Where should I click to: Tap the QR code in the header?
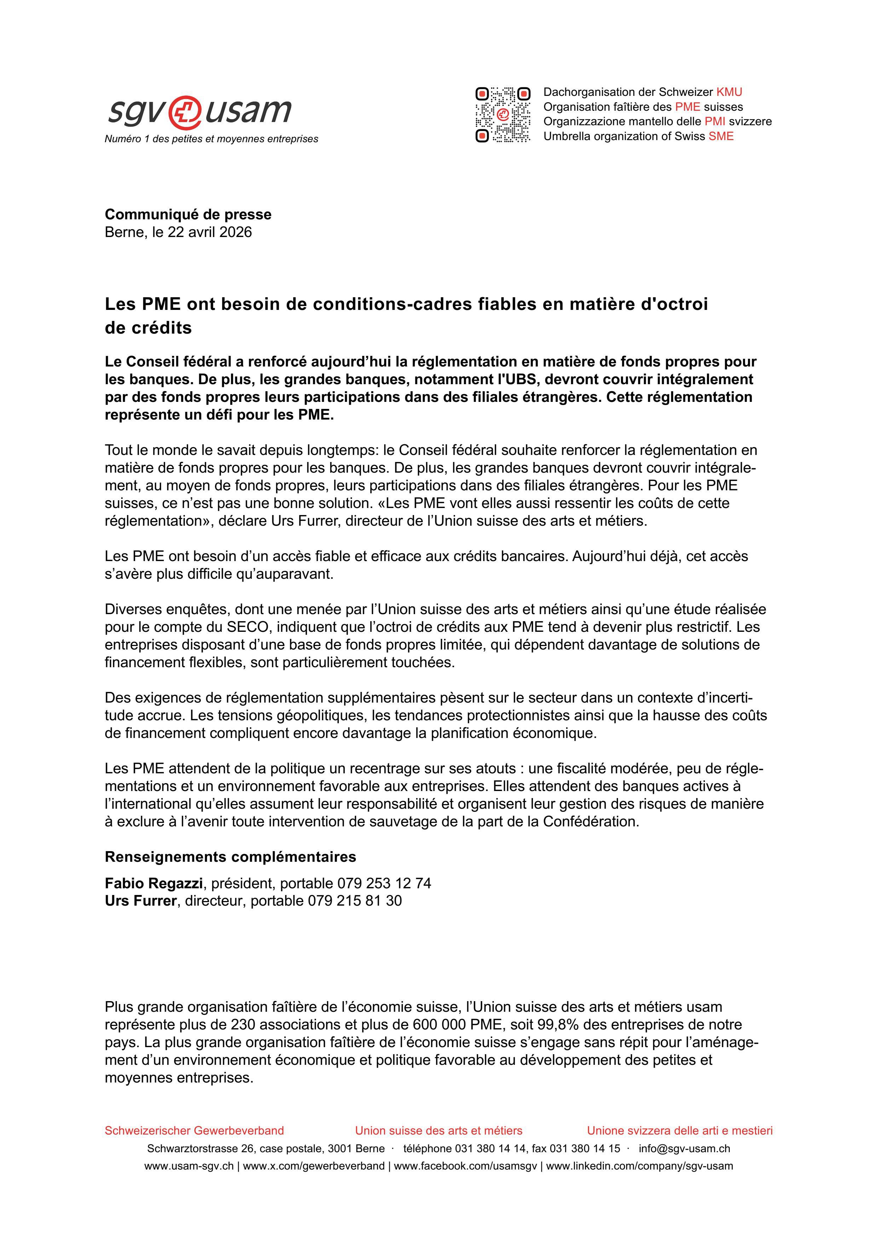click(x=502, y=114)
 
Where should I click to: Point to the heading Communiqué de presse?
click(x=188, y=215)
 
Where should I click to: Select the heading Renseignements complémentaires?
click(x=230, y=857)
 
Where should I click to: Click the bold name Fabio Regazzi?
click(x=154, y=883)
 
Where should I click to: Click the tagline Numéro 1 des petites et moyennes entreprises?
click(x=211, y=139)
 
